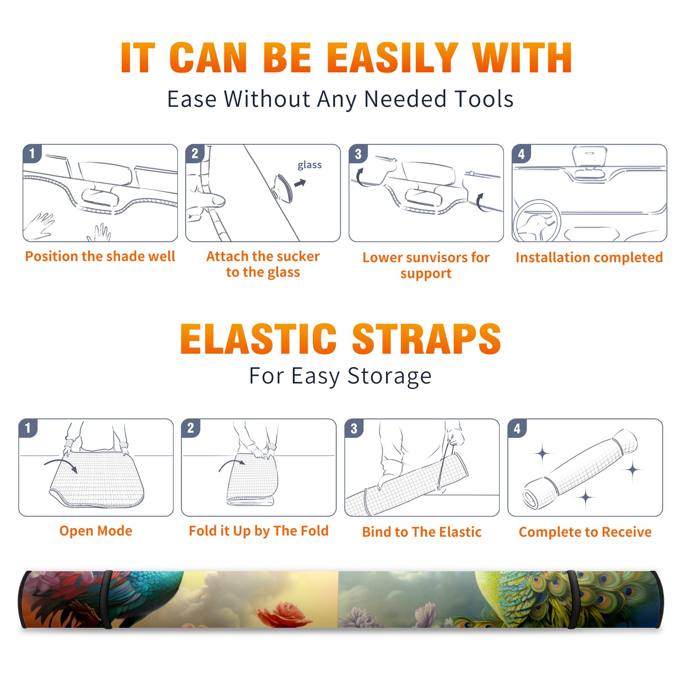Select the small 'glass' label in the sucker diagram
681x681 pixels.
click(309, 165)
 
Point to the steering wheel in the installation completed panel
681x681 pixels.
click(537, 221)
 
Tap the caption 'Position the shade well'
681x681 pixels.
click(100, 256)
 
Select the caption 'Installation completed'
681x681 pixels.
click(589, 257)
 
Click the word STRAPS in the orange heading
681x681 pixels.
click(426, 339)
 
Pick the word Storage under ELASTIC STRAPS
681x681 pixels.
click(389, 376)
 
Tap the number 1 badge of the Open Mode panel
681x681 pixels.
click(28, 428)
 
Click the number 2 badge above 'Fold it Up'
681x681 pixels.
click(191, 428)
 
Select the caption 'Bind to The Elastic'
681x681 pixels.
click(422, 532)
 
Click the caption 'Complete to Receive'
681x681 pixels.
click(585, 532)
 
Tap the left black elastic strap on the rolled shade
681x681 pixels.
click(107, 599)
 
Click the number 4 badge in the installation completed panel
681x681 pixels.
click(521, 154)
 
